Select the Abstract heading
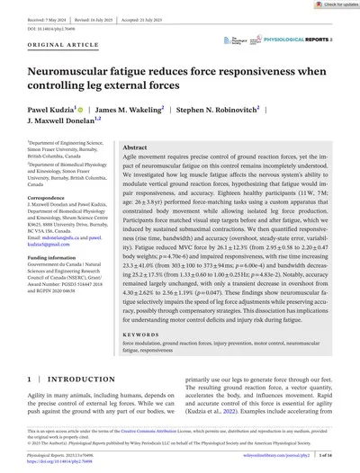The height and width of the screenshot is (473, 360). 135,147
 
